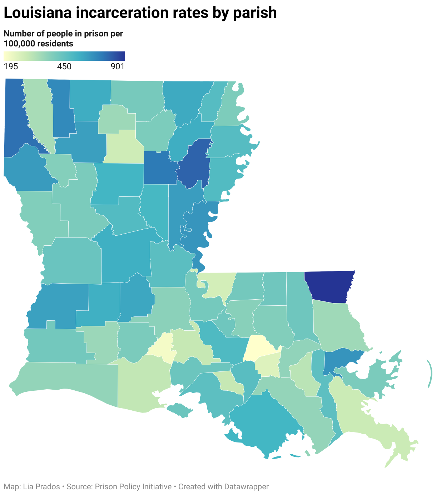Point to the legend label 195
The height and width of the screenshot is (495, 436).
coord(11,66)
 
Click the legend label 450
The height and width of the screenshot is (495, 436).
coord(64,66)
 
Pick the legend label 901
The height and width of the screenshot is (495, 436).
coord(117,66)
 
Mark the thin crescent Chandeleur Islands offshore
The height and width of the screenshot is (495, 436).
coord(430,374)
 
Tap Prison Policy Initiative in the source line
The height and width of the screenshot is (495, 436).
coord(133,486)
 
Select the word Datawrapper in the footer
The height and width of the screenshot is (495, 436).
coord(246,486)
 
